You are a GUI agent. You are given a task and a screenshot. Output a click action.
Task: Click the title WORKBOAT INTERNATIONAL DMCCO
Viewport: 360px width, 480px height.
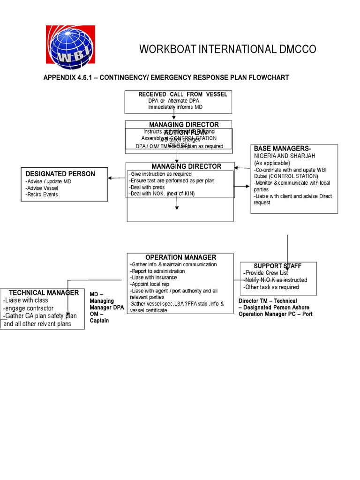pos(228,49)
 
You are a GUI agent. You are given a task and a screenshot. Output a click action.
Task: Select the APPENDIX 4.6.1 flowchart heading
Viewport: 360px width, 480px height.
pos(166,77)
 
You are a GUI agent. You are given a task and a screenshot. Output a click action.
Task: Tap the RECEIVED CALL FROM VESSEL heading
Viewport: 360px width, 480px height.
pos(183,94)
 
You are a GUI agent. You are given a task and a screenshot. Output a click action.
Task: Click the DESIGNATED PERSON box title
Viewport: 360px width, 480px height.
pos(60,174)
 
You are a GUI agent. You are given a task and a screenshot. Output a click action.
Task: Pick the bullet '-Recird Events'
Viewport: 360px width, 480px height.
pos(42,195)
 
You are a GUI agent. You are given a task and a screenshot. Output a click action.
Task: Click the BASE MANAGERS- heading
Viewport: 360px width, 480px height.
pos(282,149)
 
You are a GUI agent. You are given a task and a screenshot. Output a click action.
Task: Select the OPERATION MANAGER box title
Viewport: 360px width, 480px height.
pos(180,257)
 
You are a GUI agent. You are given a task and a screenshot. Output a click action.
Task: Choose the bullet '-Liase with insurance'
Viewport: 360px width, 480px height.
pos(155,277)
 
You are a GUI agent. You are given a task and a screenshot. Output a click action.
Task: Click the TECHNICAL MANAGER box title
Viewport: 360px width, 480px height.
pos(44,292)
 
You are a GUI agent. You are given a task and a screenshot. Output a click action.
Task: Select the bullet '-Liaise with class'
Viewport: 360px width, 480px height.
pos(25,300)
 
